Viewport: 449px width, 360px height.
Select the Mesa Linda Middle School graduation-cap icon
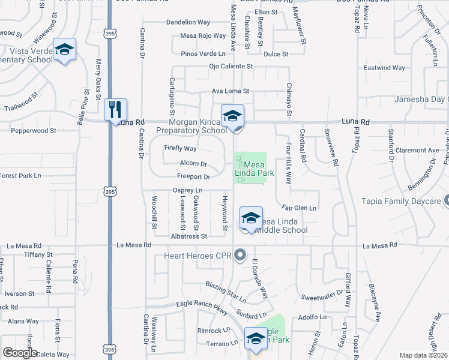pos(251,218)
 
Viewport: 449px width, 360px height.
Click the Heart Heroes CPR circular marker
pos(241,256)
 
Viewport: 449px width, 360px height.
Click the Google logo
pos(20,353)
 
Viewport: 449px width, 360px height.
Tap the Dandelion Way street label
pos(188,22)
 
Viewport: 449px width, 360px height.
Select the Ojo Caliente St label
pos(231,67)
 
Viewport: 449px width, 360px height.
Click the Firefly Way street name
pos(181,148)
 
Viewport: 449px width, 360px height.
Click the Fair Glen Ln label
pos(298,208)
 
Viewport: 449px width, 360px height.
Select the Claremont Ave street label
pos(417,151)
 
